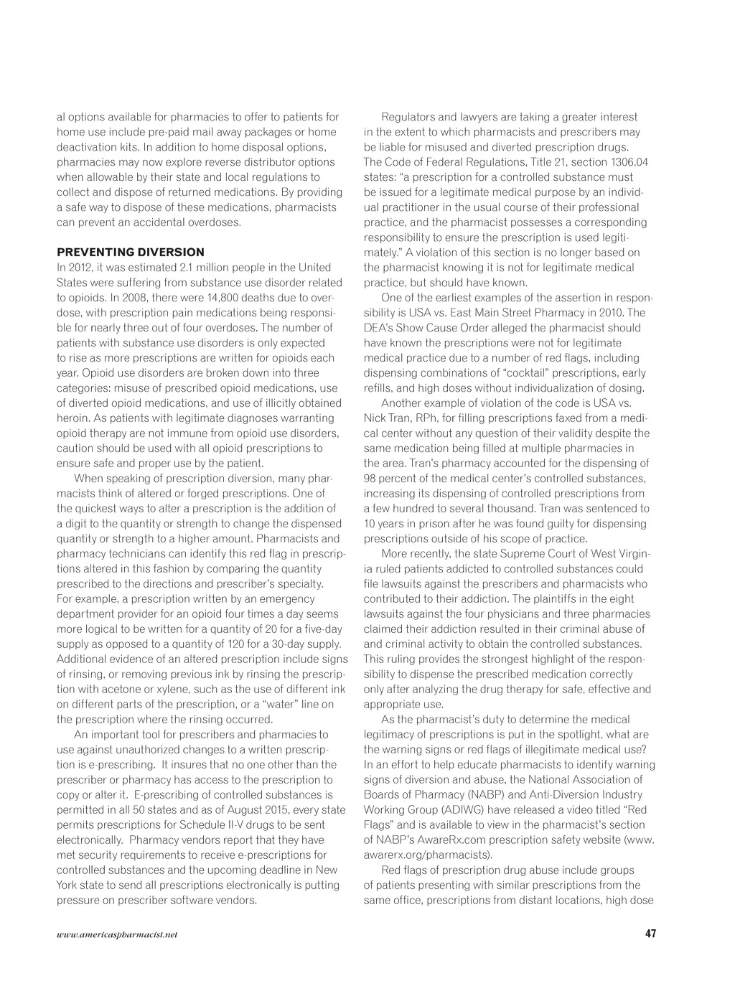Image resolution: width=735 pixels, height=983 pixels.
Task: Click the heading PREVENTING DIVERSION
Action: click(130, 253)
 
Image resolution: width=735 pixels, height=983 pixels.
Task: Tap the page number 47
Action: click(650, 933)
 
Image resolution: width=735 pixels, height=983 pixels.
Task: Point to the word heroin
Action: click(72, 418)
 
